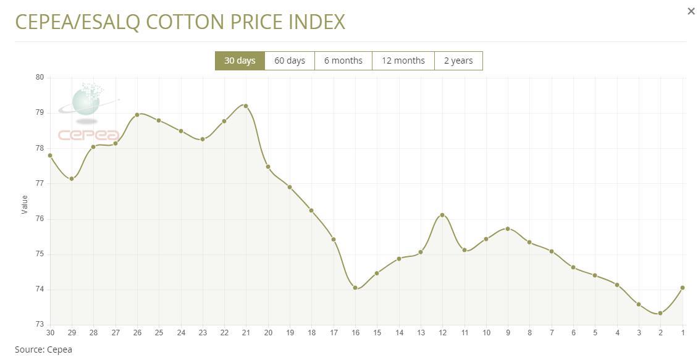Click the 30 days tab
(240, 61)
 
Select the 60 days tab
(290, 61)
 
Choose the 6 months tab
(343, 61)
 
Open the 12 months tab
(403, 61)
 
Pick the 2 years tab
(458, 61)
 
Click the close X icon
(691, 11)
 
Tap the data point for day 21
(246, 106)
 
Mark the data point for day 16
(355, 288)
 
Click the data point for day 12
(442, 215)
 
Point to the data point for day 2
(660, 313)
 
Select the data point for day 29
(72, 178)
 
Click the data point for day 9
(508, 228)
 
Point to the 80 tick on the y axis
(40, 77)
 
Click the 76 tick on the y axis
(40, 219)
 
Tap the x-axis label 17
(334, 333)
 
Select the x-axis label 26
(137, 333)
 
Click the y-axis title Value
(25, 204)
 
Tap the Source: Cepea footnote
(43, 350)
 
